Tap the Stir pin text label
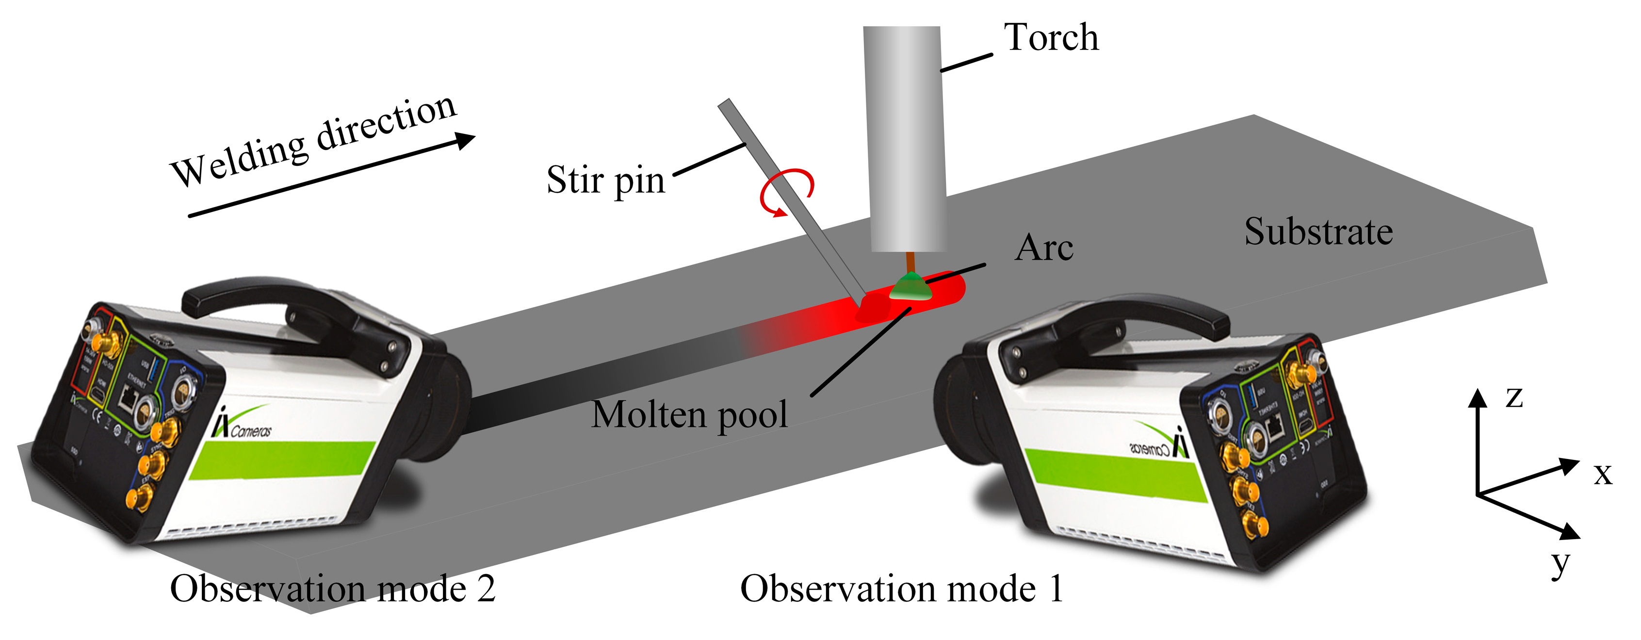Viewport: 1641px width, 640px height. point(605,181)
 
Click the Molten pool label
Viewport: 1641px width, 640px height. point(689,414)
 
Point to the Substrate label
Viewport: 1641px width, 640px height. point(1318,231)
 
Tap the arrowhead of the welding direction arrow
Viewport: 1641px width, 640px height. point(467,140)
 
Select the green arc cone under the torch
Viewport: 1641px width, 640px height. point(911,287)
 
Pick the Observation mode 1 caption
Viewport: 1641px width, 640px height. point(901,588)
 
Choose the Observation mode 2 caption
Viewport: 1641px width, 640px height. point(333,588)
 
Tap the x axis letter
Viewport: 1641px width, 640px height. point(1603,474)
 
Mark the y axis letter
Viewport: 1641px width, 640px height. point(1560,563)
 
